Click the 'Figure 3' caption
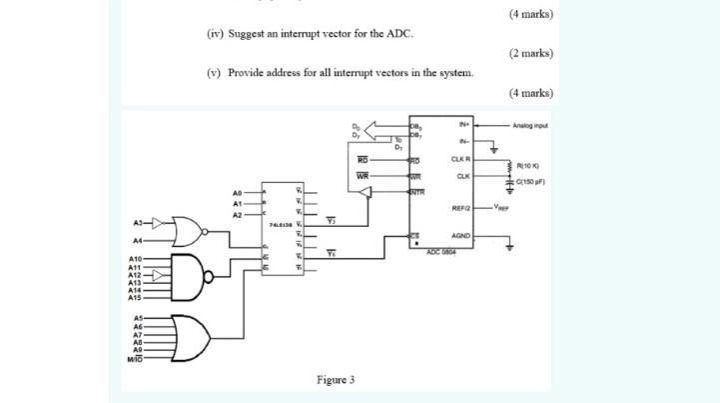point(336,380)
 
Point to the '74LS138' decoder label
point(278,227)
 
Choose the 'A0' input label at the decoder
point(237,191)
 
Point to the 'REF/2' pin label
point(460,208)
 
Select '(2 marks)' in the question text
point(530,53)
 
